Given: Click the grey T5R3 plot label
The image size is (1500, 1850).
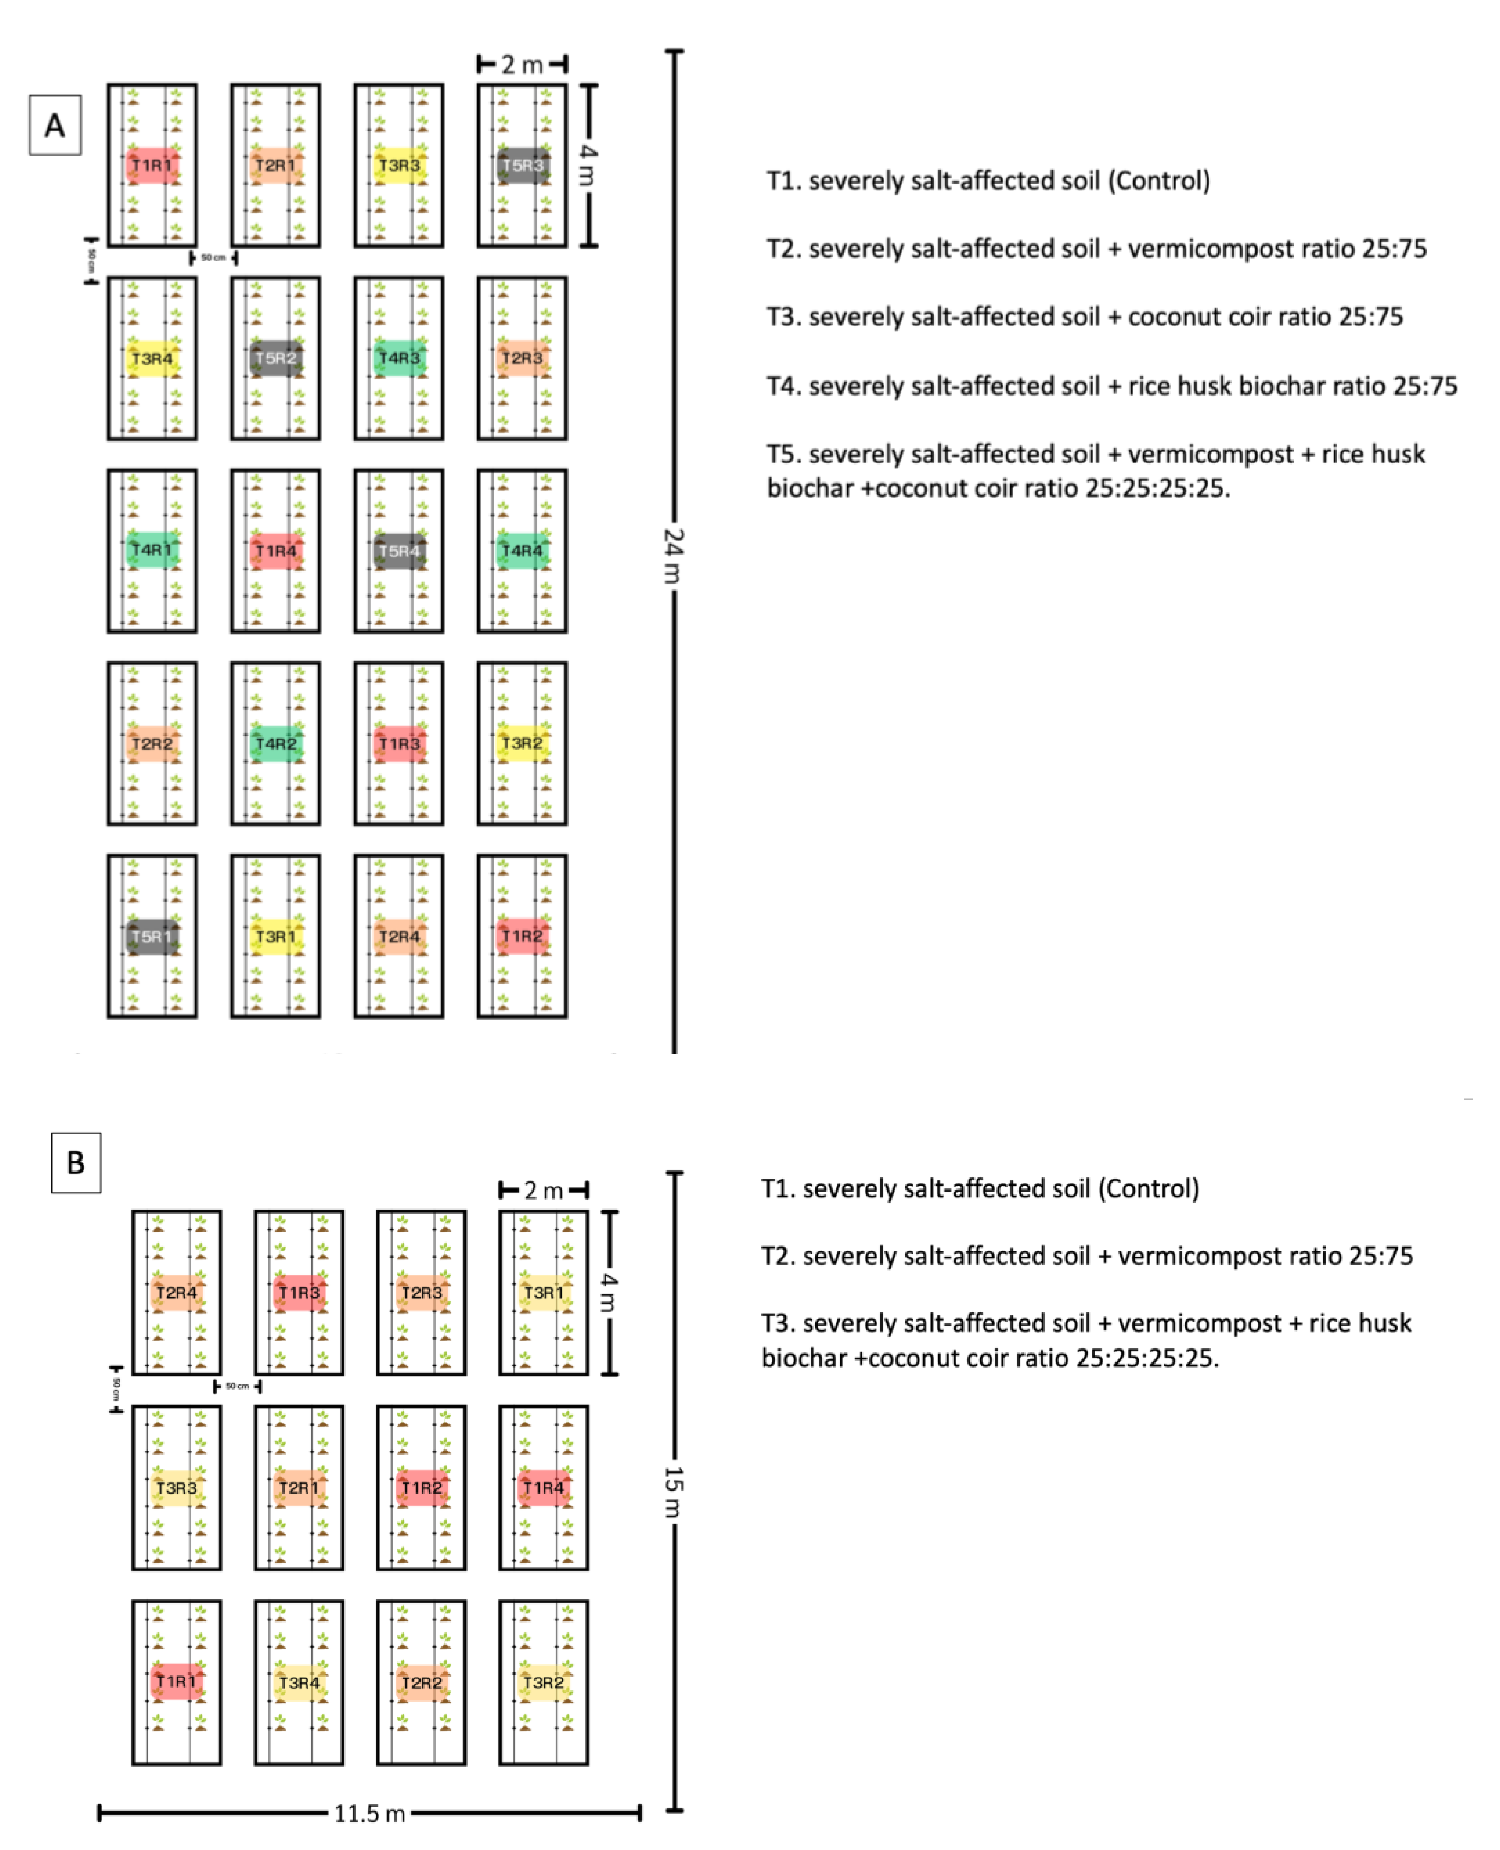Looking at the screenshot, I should (523, 165).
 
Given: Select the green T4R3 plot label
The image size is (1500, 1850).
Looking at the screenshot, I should (399, 358).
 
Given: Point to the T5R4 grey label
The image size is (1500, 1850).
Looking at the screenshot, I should (399, 551).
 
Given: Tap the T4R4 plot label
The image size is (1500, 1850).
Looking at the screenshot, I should (523, 551).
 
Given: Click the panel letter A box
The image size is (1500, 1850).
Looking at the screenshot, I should (54, 125).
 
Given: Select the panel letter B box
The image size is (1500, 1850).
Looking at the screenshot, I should (76, 1162).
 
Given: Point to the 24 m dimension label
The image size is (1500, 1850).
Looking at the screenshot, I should (674, 556).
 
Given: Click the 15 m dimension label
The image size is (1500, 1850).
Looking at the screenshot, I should (674, 1492).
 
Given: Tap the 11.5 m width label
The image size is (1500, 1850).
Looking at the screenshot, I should (370, 1813).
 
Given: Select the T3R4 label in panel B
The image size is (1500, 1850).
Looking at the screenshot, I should (299, 1682).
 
